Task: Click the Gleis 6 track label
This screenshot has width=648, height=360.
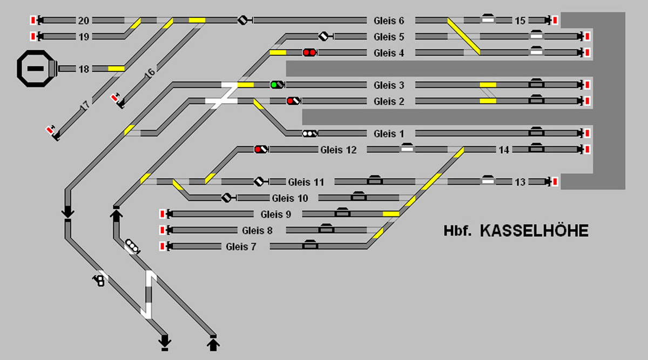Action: tap(388, 21)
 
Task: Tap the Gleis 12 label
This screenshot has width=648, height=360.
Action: tap(339, 150)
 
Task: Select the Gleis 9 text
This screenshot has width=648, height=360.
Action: tap(276, 215)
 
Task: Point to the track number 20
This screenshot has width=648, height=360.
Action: tap(84, 21)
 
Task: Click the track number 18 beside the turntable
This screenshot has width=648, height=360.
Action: tap(84, 70)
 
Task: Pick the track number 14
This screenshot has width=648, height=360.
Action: tap(504, 150)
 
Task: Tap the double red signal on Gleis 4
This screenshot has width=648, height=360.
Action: tap(309, 53)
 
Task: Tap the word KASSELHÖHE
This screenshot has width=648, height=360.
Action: tap(534, 231)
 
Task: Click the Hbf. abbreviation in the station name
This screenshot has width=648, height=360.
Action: tap(458, 231)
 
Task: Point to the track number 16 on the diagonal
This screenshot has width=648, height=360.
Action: tap(150, 73)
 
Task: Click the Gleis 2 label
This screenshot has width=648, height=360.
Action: tap(388, 101)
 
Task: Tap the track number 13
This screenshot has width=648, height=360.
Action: tap(520, 182)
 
